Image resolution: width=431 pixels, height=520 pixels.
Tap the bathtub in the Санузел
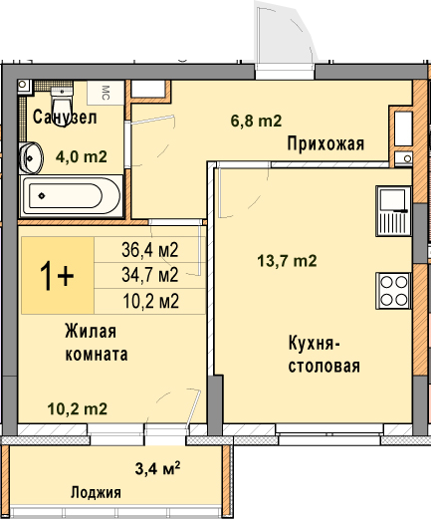tap(72, 196)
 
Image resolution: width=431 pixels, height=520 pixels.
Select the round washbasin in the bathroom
tap(31, 158)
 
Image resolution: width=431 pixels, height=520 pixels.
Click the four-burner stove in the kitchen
tap(393, 291)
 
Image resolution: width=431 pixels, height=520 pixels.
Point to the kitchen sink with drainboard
tap(393, 211)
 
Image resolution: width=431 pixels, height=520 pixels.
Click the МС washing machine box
tap(106, 93)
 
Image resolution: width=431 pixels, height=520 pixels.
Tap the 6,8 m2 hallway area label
tap(256, 121)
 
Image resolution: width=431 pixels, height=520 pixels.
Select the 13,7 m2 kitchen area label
tap(287, 261)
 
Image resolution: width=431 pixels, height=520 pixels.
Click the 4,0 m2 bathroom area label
tap(82, 156)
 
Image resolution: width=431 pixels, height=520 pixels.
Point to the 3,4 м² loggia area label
tap(157, 468)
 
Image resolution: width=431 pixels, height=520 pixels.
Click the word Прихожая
tap(325, 144)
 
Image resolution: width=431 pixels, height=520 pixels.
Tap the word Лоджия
tap(96, 492)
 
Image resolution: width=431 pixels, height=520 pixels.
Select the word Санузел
tap(65, 118)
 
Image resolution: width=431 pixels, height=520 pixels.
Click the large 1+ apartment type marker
tap(57, 276)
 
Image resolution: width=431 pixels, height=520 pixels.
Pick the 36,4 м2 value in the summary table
tap(150, 250)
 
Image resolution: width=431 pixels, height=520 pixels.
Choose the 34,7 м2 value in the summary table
tap(150, 275)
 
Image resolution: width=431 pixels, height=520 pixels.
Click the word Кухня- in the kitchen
tap(315, 344)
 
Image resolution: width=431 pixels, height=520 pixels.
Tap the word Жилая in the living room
tap(91, 331)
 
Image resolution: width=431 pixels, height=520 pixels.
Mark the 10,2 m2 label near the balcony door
tap(78, 408)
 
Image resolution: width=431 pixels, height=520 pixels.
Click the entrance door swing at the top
tap(286, 33)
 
